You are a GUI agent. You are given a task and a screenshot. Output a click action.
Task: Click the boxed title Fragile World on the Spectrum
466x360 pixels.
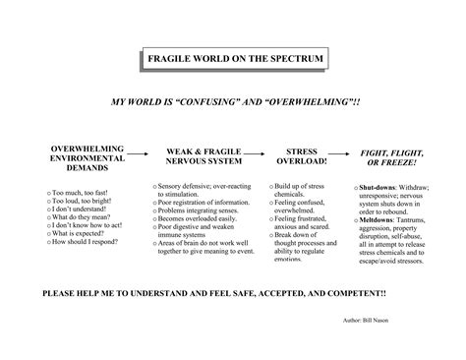[x=233, y=61]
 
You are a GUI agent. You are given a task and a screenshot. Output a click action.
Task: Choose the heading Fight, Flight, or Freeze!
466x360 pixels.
[x=388, y=157]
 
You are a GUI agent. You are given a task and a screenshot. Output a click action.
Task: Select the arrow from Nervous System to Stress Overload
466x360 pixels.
[x=255, y=153]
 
